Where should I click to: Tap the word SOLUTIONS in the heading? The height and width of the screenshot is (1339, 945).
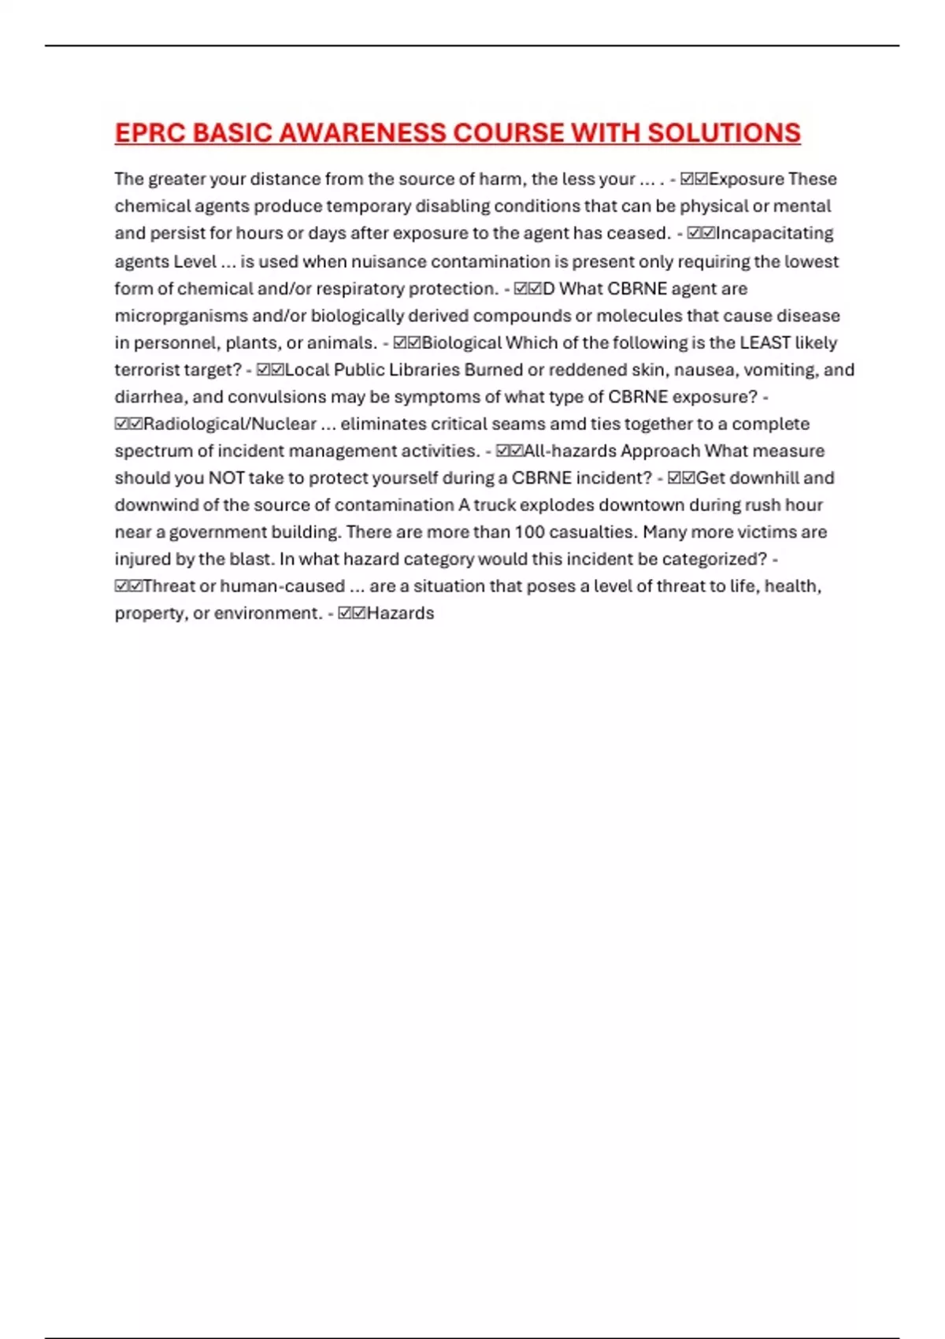coord(724,133)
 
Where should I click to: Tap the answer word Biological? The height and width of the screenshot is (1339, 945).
coord(461,343)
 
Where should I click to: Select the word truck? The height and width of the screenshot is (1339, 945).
coord(493,505)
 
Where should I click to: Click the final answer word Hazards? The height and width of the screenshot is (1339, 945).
coord(400,614)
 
